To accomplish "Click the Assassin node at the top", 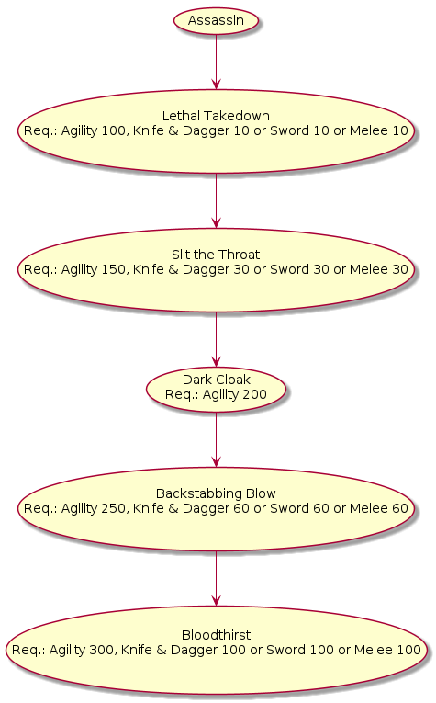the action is coord(216,20).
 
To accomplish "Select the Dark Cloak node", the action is coord(216,389).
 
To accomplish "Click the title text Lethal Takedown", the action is coord(216,116).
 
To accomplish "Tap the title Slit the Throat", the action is coord(216,255).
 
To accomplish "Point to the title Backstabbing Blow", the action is coord(216,493).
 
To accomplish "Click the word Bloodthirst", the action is coord(216,635).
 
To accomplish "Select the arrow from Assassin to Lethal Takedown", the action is coord(217,62).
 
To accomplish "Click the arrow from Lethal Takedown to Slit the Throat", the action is coord(217,201).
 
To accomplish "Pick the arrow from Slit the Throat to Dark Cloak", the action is coord(217,339).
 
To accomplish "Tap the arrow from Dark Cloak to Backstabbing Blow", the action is coord(217,439).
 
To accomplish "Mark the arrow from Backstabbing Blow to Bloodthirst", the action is coord(217,578).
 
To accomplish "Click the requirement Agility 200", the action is coord(235,394).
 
